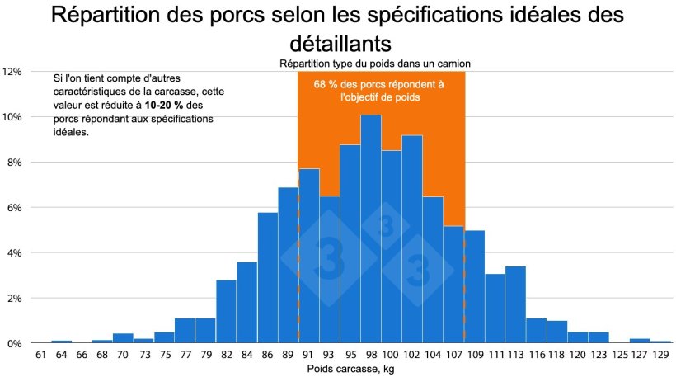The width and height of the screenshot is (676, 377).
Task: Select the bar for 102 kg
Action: tap(412, 239)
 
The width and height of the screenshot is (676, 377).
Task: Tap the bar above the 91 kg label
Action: tap(308, 256)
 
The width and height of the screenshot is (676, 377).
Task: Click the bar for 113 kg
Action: tap(515, 304)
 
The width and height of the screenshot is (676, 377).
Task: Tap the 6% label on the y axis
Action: tap(14, 207)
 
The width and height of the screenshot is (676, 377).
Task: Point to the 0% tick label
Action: tap(14, 343)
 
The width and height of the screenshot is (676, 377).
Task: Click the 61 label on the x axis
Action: tap(40, 355)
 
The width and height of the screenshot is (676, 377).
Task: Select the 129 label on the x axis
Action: tap(660, 355)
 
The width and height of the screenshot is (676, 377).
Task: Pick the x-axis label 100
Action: tap(392, 355)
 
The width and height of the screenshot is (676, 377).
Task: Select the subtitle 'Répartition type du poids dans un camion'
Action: tap(375, 64)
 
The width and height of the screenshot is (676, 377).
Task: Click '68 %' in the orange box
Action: tap(327, 84)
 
